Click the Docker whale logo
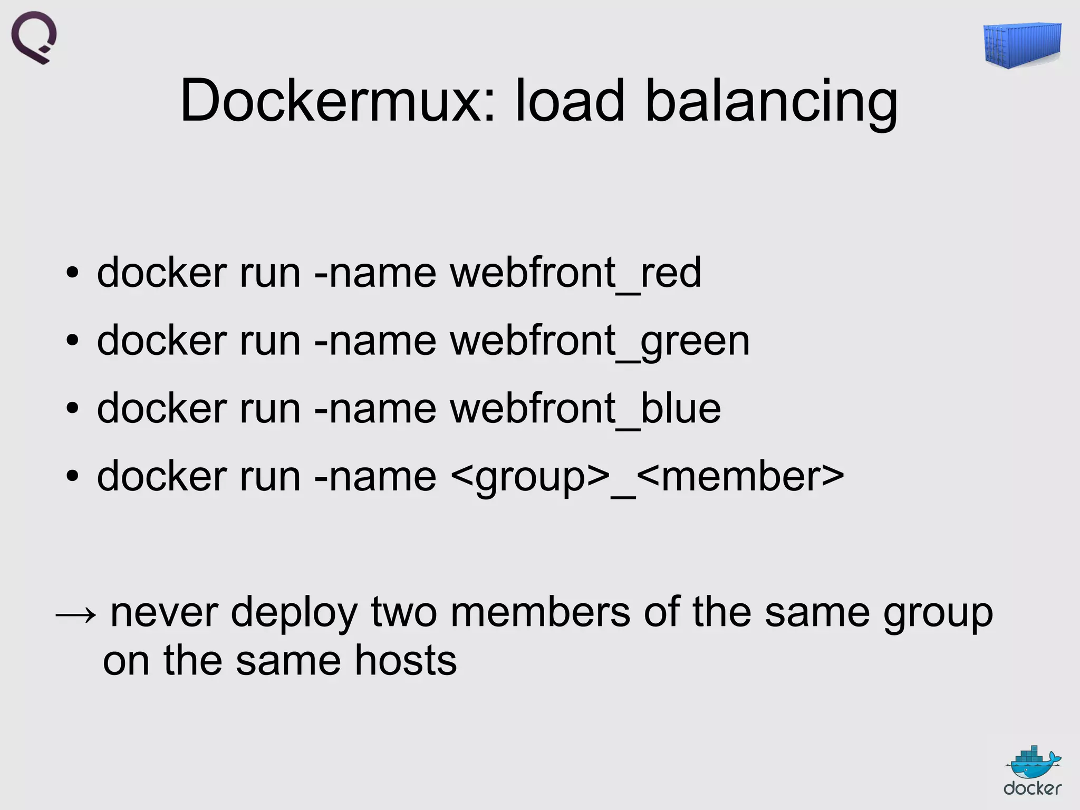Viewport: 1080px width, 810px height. pyautogui.click(x=1033, y=770)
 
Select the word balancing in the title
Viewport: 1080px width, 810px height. pyautogui.click(x=771, y=101)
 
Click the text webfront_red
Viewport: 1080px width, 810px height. pyautogui.click(x=575, y=273)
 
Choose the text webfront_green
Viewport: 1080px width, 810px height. pyautogui.click(x=600, y=342)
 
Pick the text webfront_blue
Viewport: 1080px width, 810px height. pyautogui.click(x=585, y=409)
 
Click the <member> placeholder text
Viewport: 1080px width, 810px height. pyautogui.click(x=740, y=477)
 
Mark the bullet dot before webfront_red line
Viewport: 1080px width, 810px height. pyautogui.click(x=73, y=274)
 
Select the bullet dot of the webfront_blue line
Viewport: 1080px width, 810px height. pyautogui.click(x=73, y=409)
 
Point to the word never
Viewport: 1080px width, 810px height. pyautogui.click(x=164, y=613)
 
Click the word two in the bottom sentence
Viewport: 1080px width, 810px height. pyautogui.click(x=404, y=613)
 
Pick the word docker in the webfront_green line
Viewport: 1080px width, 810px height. pyautogui.click(x=161, y=341)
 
